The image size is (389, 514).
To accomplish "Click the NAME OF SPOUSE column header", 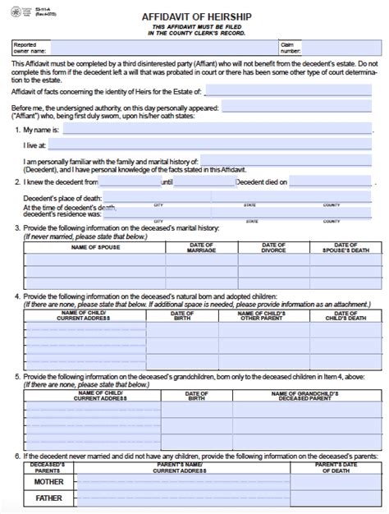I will (95, 246).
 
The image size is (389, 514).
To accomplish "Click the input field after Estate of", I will (294, 92).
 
